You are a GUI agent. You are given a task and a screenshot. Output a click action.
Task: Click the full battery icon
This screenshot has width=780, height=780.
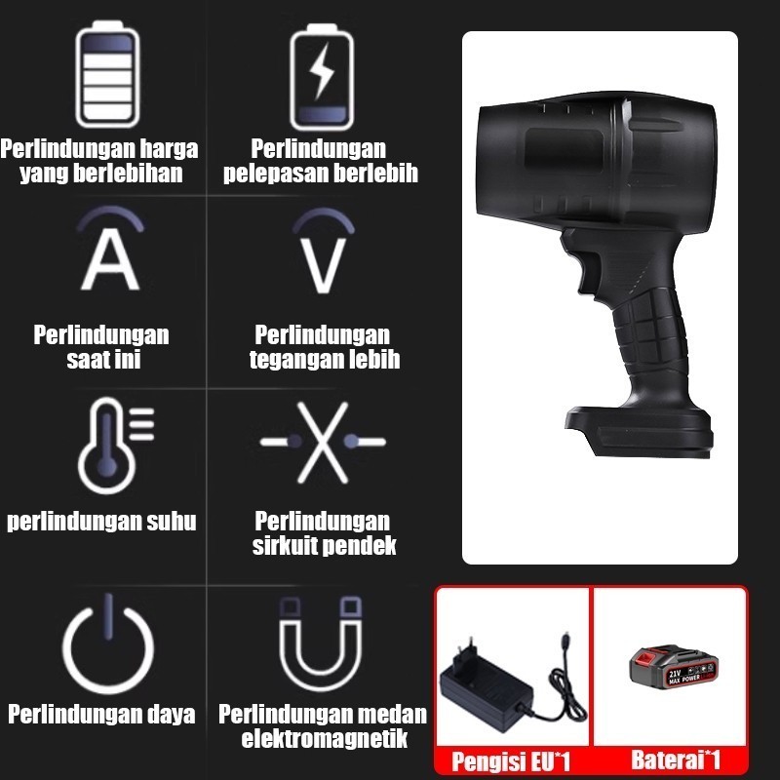click(x=107, y=74)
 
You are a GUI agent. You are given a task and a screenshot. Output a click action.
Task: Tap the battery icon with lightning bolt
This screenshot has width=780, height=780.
click(x=322, y=77)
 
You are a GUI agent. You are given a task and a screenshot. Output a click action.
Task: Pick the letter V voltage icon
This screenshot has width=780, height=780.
click(x=324, y=252)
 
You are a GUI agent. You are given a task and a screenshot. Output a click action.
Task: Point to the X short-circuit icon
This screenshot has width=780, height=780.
click(x=323, y=443)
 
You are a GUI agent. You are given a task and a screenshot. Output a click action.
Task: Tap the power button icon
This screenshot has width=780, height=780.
click(x=108, y=644)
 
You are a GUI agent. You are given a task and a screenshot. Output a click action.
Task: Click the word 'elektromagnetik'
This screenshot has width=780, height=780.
click(x=325, y=738)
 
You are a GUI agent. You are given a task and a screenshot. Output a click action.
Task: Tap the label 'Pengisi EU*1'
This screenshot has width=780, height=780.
click(x=511, y=761)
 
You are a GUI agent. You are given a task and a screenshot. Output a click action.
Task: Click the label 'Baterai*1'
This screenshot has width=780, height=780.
click(x=676, y=760)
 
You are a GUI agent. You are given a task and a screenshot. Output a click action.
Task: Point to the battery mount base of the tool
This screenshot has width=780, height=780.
click(x=639, y=430)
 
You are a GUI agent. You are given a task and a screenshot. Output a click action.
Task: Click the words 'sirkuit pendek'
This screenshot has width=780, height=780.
click(x=325, y=546)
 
